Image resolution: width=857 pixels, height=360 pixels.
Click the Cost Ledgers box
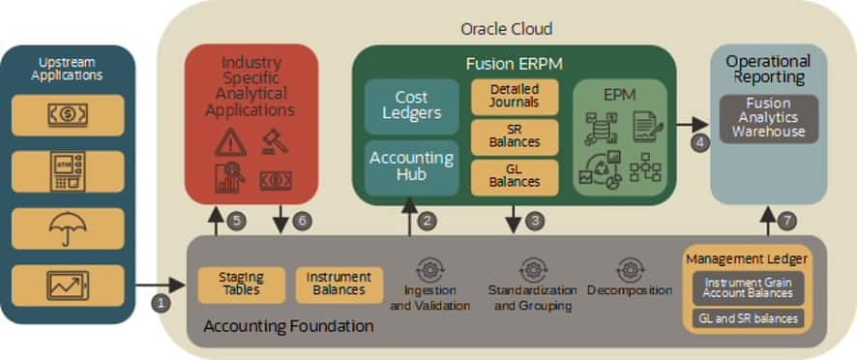[x=411, y=106]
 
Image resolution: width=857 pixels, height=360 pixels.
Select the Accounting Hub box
[x=411, y=167]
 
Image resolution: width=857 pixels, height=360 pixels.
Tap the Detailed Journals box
[x=515, y=97]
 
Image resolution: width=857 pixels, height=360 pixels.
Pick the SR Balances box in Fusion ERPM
[x=515, y=137]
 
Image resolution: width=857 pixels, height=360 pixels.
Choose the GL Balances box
[x=515, y=177]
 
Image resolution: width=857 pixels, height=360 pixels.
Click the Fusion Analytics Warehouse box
[x=768, y=119]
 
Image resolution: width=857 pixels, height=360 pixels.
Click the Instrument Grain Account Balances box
[x=749, y=287]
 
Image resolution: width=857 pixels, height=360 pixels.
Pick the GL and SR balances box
[x=749, y=318]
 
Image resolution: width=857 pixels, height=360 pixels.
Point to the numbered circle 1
[x=162, y=303]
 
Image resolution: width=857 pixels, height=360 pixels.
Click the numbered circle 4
[x=699, y=143]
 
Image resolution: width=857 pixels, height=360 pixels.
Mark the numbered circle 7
[x=787, y=221]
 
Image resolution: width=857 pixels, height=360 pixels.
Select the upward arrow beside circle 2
[x=409, y=217]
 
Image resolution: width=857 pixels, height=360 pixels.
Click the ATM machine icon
[x=68, y=171]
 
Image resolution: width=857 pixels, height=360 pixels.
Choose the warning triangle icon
[x=230, y=142]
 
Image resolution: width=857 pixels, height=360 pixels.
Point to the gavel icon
[x=275, y=140]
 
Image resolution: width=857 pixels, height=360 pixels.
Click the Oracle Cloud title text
[x=507, y=28]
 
